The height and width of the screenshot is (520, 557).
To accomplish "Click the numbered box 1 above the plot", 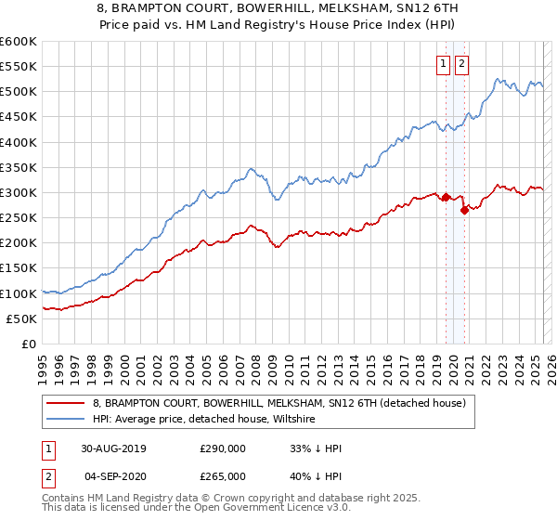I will tap(443, 64).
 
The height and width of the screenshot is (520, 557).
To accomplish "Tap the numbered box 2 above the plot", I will tap(461, 64).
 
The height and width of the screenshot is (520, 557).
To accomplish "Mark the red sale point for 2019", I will tap(446, 197).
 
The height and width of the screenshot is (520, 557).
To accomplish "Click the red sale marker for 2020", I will tap(464, 210).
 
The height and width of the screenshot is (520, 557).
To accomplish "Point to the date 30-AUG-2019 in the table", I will tap(113, 448).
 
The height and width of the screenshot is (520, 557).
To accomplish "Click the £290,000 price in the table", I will tap(223, 448).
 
